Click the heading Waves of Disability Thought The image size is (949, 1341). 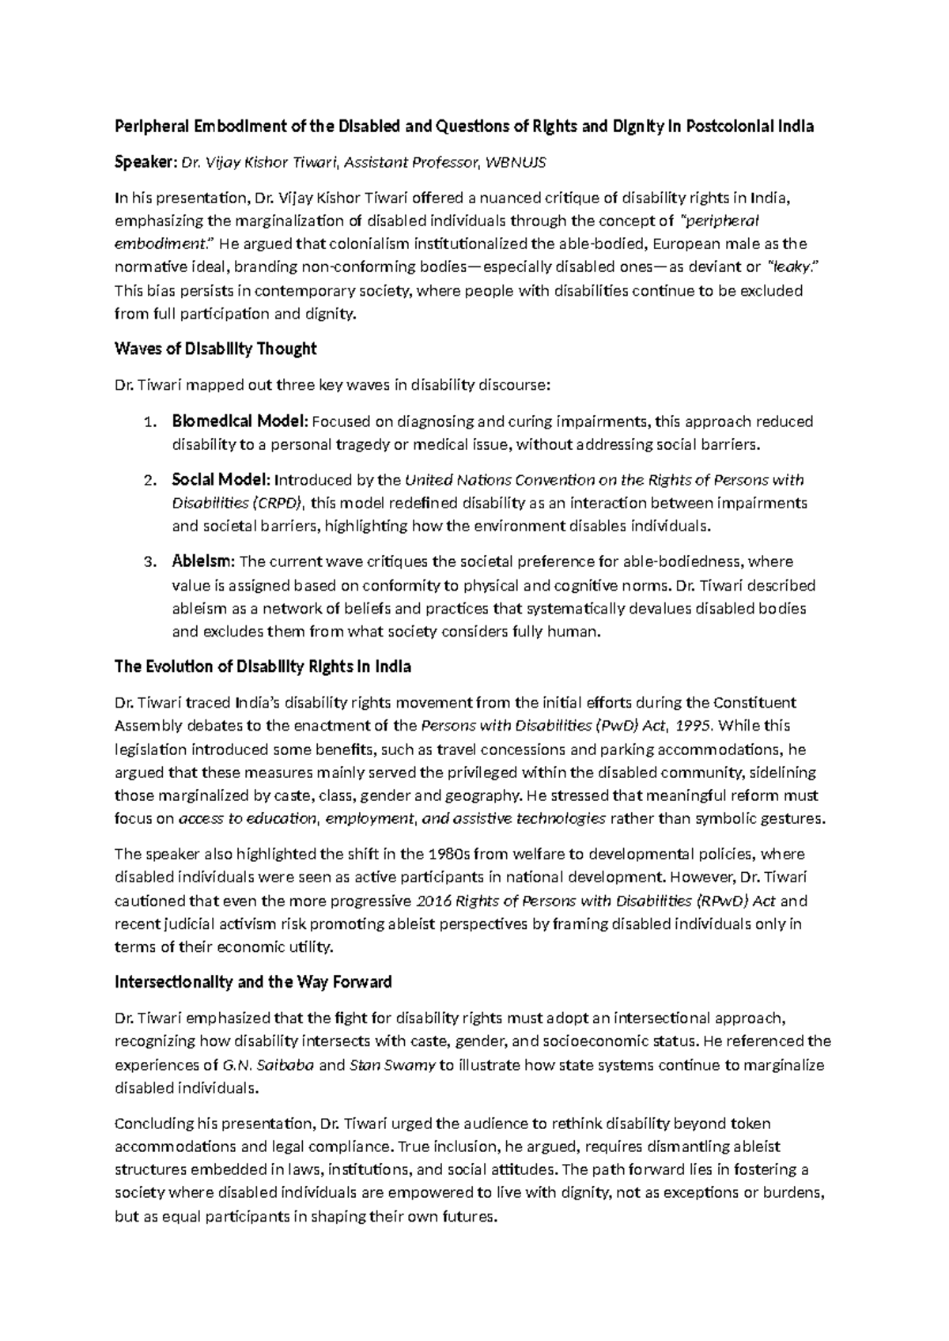(215, 349)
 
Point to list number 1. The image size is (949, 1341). (152, 421)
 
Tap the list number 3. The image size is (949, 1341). (152, 563)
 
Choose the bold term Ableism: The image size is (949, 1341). (203, 562)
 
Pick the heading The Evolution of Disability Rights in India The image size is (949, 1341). (263, 667)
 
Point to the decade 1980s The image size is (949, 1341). (449, 855)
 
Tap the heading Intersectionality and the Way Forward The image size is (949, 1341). (253, 983)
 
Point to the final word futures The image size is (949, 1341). (472, 1218)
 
